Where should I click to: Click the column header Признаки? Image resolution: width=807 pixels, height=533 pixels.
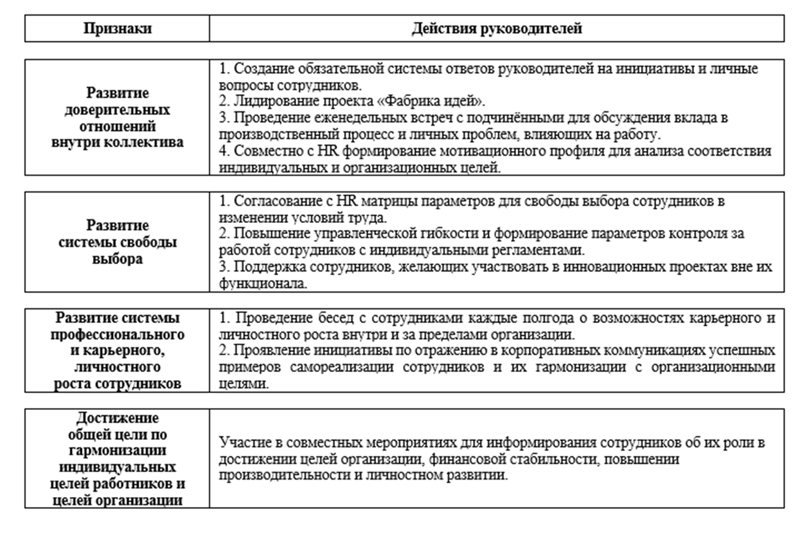pos(117,29)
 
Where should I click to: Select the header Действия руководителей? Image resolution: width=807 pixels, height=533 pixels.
pos(497,29)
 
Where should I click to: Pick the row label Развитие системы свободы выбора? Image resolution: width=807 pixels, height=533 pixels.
pos(117,242)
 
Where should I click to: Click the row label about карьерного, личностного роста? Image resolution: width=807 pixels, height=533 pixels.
pos(117,350)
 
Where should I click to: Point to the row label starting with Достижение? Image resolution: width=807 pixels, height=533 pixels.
pos(117,458)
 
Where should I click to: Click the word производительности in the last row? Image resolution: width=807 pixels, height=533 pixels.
pos(274,475)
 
